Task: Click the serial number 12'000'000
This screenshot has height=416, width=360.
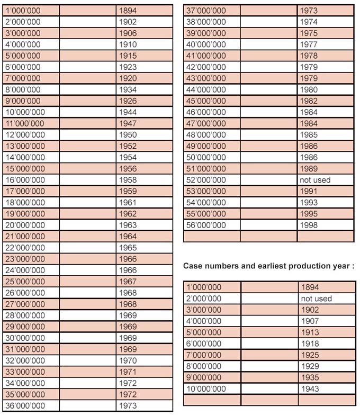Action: tap(25, 135)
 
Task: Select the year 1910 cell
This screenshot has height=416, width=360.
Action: tap(128, 44)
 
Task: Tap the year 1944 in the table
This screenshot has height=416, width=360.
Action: tap(128, 112)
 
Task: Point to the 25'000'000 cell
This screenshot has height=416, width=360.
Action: tap(25, 282)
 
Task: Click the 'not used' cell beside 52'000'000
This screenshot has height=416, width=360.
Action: tap(314, 180)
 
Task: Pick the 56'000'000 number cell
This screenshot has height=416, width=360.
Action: tap(206, 225)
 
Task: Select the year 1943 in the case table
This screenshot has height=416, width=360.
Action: tap(310, 389)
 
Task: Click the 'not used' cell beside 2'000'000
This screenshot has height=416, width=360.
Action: tap(316, 299)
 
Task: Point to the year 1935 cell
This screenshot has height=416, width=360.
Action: tap(310, 378)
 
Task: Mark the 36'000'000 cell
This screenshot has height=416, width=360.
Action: tap(25, 406)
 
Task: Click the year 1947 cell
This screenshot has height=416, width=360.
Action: tap(128, 123)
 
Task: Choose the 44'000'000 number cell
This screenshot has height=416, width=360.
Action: tap(206, 90)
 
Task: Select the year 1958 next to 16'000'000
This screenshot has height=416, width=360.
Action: tap(128, 180)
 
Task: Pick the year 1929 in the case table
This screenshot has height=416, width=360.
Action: tap(310, 366)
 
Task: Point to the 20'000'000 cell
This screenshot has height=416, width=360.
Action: tap(25, 225)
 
